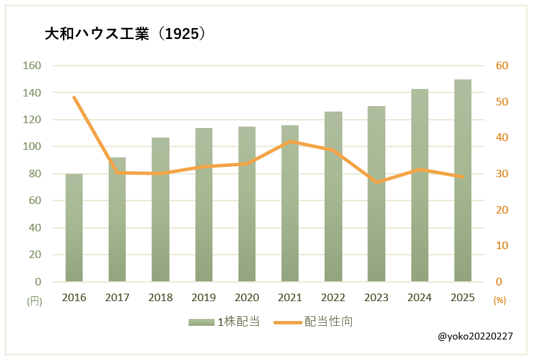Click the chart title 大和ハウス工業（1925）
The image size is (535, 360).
coord(125,34)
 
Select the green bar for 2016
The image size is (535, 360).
coord(74,227)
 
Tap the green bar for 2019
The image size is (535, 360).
coord(204,205)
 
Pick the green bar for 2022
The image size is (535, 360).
coord(333,196)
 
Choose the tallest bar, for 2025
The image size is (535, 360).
coord(463,181)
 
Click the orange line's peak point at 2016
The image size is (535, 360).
coord(74,97)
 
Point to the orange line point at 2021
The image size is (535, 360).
coord(290,142)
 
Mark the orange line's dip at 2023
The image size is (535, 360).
coord(376,182)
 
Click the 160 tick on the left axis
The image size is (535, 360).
coord(33,66)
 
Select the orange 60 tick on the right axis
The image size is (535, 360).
coord(502,66)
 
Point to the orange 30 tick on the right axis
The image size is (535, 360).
coord(502,174)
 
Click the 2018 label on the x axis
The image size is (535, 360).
coord(161,298)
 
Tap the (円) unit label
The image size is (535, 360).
coord(33,300)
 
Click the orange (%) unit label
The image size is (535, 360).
coord(500,300)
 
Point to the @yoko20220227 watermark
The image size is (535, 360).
coord(476,337)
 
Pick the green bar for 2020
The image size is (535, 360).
coord(247,204)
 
